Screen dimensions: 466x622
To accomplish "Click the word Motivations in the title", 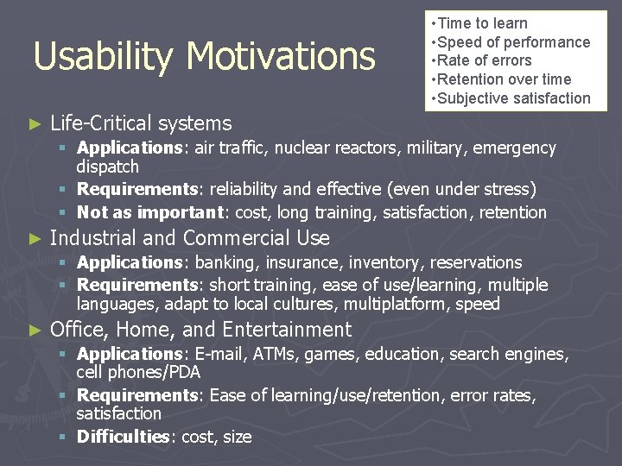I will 280,57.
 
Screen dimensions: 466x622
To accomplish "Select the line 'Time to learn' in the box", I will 481,23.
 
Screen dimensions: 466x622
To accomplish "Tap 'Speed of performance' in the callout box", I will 513,42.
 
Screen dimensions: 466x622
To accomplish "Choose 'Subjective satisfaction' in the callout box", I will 513,98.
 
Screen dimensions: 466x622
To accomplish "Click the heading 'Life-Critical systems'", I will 141,123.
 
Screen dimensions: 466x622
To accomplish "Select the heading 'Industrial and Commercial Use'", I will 190,237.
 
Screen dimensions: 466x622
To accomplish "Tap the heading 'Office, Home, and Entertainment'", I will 200,330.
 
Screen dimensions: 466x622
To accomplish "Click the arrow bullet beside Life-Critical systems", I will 35,124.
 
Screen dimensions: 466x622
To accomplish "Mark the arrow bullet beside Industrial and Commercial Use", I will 35,238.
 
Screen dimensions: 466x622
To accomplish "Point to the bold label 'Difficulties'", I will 124,437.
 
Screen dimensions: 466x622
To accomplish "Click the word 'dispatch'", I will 107,167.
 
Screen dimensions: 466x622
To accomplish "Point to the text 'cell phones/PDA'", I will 138,372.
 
